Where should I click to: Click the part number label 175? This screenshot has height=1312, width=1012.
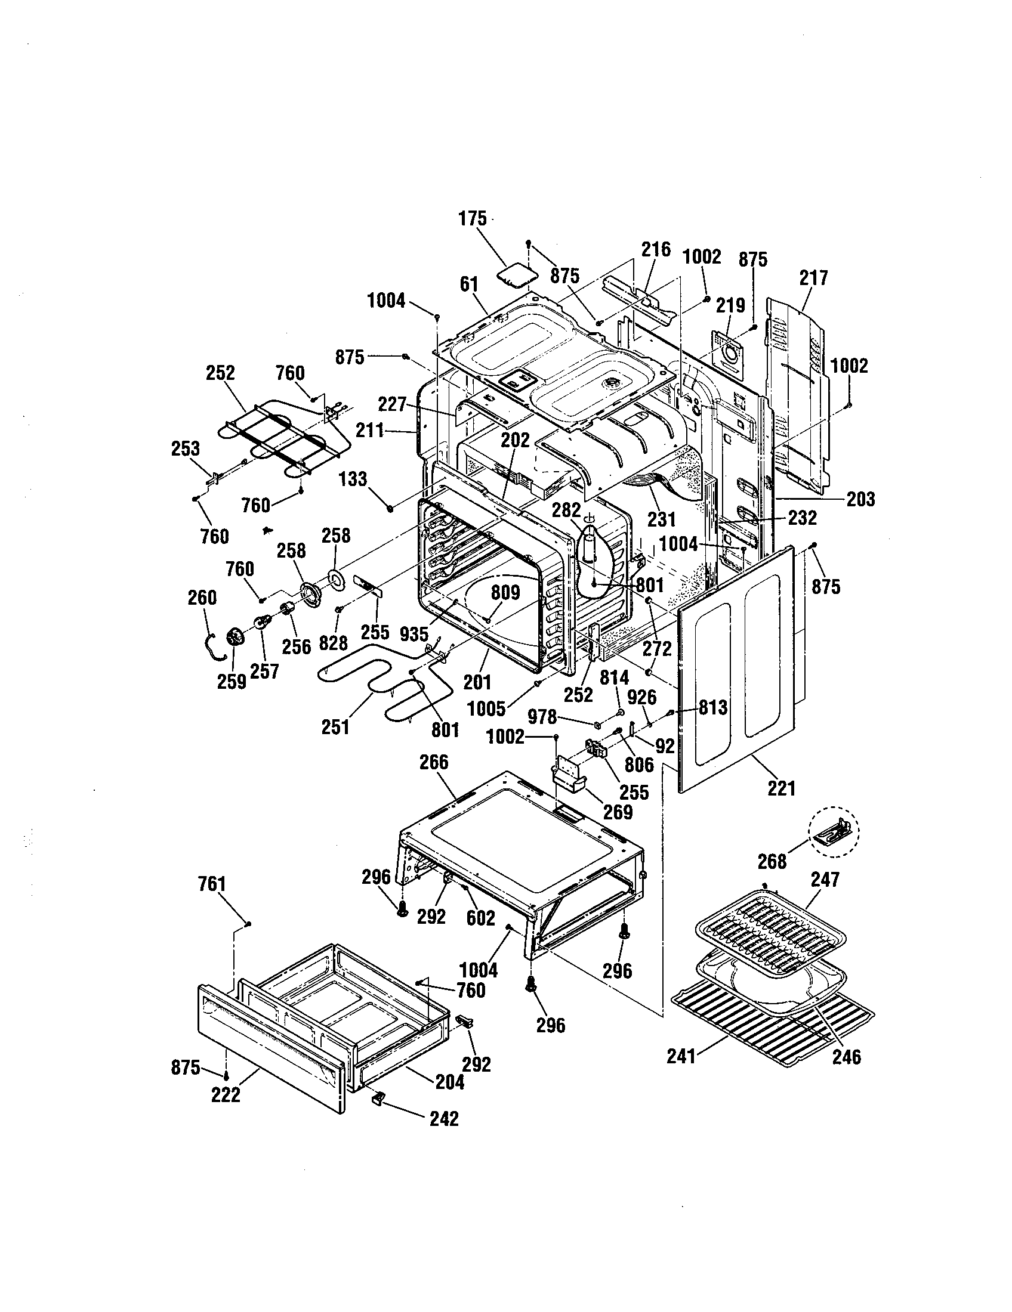473,219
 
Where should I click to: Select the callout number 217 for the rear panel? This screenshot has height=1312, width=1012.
814,278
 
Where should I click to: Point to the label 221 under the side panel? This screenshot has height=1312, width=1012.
781,788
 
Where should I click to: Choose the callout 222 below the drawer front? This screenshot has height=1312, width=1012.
226,1094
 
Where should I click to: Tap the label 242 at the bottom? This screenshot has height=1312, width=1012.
444,1118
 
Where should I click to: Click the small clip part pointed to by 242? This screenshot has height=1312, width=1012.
378,1098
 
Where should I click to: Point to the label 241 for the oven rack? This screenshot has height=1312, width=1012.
681,1056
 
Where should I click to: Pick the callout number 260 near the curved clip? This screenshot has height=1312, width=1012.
202,598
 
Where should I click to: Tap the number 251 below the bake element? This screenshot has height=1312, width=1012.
335,727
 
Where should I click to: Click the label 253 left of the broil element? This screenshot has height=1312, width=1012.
186,448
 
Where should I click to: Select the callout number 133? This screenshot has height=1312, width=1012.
353,479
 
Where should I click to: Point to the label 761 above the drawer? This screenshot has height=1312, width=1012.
212,884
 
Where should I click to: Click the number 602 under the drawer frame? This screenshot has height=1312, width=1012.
481,918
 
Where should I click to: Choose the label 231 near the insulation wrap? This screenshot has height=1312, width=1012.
661,518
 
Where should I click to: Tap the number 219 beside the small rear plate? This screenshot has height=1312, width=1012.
731,305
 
